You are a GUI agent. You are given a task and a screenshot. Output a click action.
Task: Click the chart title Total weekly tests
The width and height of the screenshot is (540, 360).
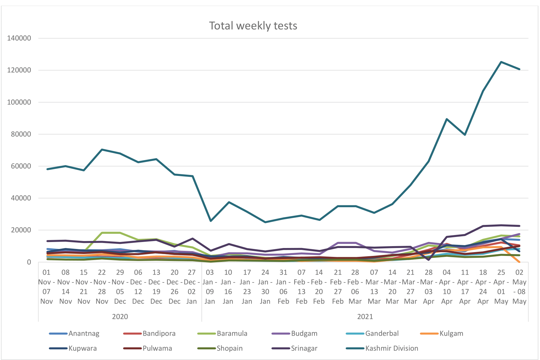tap(253, 26)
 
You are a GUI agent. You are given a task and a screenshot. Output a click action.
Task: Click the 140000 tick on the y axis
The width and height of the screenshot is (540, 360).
tap(19, 38)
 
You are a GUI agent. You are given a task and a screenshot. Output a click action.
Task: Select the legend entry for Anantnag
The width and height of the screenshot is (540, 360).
tap(84, 333)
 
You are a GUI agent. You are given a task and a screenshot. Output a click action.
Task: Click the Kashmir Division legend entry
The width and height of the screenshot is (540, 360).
tap(392, 348)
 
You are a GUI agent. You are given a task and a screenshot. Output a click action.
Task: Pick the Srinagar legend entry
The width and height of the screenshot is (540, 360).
tap(304, 348)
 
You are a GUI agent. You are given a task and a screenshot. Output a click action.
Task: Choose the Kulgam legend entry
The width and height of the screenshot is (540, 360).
tap(451, 333)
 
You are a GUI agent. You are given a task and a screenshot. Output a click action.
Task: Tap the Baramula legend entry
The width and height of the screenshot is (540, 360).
tap(232, 333)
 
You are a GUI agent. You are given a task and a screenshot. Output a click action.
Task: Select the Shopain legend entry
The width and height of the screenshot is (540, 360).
tap(229, 348)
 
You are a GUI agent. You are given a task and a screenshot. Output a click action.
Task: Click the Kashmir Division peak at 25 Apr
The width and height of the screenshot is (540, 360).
tap(501, 62)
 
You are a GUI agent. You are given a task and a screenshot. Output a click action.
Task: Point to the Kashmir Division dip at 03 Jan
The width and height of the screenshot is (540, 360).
tap(210, 221)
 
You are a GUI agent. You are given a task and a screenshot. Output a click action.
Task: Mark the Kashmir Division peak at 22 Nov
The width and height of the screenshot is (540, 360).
tap(102, 149)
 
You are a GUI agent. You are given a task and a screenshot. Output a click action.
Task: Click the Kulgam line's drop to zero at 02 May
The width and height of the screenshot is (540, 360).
tap(519, 262)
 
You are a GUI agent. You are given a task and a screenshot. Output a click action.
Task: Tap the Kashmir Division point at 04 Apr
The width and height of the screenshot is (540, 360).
tap(447, 119)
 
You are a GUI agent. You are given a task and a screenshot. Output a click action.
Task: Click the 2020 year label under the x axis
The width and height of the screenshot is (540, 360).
tap(120, 317)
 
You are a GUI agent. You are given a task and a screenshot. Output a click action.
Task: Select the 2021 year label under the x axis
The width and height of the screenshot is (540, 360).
tap(365, 317)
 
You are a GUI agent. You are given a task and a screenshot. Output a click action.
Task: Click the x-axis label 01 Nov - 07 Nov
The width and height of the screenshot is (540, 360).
tap(47, 287)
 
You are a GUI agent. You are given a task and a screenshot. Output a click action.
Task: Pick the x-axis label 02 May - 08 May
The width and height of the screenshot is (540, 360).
tap(519, 287)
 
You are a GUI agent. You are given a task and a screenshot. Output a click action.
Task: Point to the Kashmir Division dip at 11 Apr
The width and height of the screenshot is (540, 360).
tap(465, 135)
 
